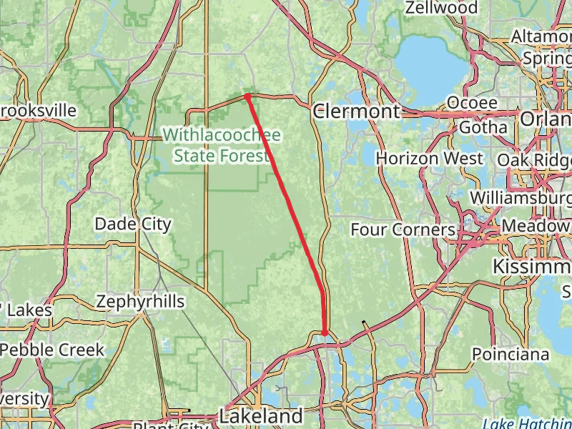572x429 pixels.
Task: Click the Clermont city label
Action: pyautogui.click(x=356, y=112)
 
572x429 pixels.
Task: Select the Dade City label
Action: pyautogui.click(x=133, y=225)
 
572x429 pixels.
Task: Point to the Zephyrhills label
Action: pyautogui.click(x=140, y=302)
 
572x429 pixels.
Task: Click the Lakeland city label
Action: pyautogui.click(x=260, y=415)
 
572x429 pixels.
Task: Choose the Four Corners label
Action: pyautogui.click(x=403, y=230)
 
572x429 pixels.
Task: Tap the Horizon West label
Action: pyautogui.click(x=429, y=157)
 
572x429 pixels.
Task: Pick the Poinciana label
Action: pyautogui.click(x=511, y=354)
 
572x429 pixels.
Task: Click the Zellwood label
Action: pyautogui.click(x=440, y=8)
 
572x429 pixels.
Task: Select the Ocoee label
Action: pyautogui.click(x=472, y=103)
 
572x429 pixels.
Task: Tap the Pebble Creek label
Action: pyautogui.click(x=52, y=350)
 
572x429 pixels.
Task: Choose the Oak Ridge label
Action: pyautogui.click(x=533, y=159)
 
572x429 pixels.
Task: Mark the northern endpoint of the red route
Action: pyautogui.click(x=247, y=95)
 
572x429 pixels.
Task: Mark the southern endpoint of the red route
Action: pyautogui.click(x=324, y=332)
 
